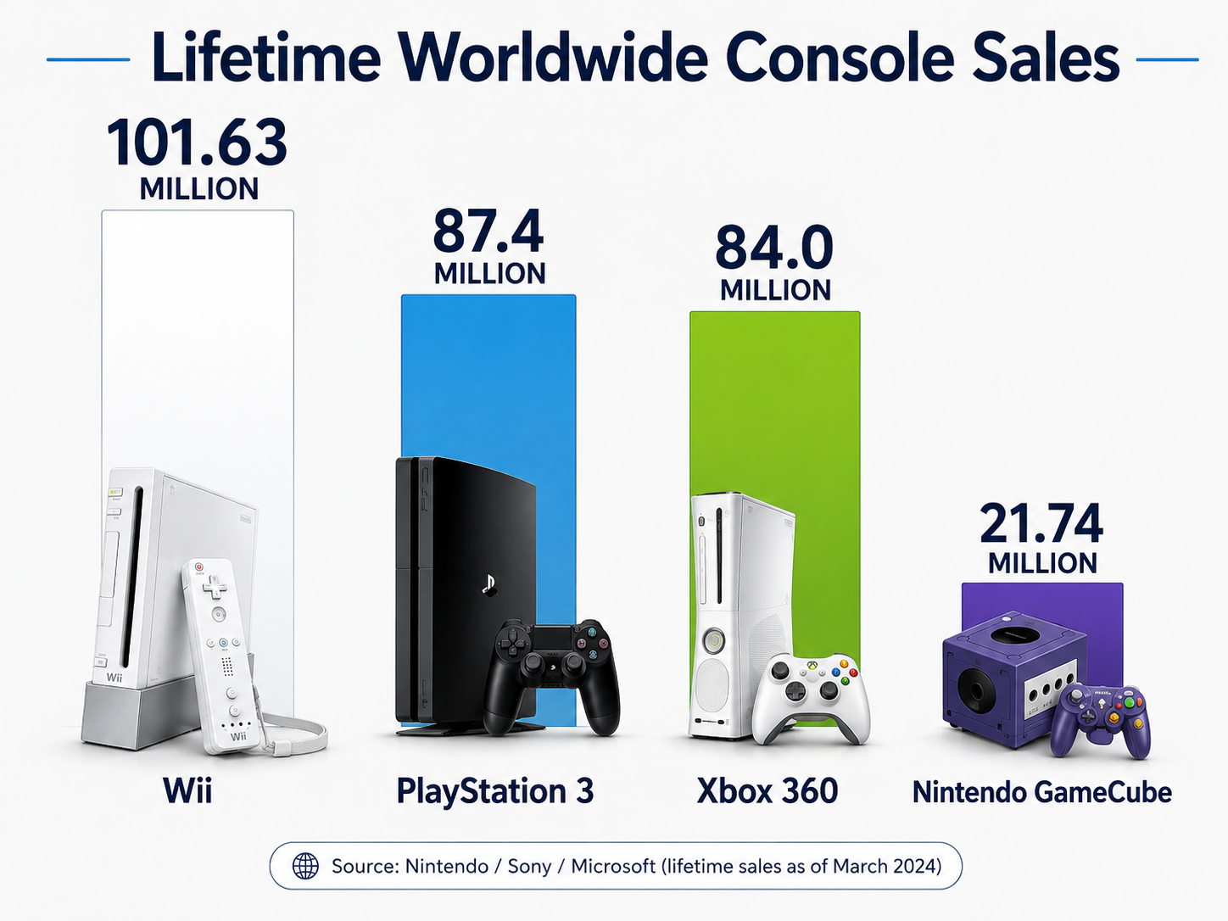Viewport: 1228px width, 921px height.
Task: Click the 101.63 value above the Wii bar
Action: [x=197, y=143]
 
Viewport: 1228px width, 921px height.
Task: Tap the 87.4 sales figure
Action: [x=488, y=231]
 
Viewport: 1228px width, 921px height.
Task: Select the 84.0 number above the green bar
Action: [x=774, y=248]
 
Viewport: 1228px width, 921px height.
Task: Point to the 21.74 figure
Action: [x=1041, y=524]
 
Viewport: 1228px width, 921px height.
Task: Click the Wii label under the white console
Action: [x=187, y=790]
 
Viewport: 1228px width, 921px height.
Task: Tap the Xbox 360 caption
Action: [x=767, y=790]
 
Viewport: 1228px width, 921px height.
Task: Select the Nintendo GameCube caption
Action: [x=1042, y=792]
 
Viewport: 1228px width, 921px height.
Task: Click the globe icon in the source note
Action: [x=305, y=866]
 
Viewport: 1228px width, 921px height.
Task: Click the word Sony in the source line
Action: [x=529, y=866]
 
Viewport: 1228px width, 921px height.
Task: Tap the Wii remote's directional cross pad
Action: [x=214, y=587]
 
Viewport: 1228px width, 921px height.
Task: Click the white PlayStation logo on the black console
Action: [x=489, y=585]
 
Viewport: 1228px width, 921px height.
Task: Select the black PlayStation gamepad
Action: [x=551, y=676]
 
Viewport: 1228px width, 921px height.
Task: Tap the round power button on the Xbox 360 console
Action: [x=714, y=639]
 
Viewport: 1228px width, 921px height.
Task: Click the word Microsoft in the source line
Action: [x=613, y=866]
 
